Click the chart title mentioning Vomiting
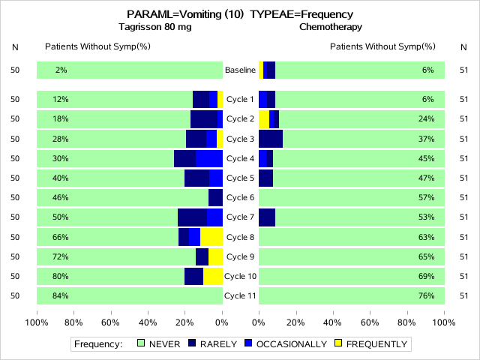point(240,14)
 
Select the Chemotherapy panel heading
point(331,27)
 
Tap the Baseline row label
point(240,70)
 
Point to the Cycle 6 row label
point(240,197)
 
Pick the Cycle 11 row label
point(240,295)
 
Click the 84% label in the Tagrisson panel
point(61,295)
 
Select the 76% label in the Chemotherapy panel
point(427,295)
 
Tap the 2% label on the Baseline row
point(61,70)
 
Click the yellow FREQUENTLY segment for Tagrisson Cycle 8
point(211,237)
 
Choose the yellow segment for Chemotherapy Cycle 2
point(264,118)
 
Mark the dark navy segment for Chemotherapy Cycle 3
point(271,139)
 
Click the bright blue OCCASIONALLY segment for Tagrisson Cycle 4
point(209,158)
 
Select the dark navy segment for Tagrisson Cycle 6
point(215,197)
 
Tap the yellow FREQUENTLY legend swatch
point(337,344)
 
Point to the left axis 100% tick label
point(37,323)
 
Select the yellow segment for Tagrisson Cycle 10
point(213,276)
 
